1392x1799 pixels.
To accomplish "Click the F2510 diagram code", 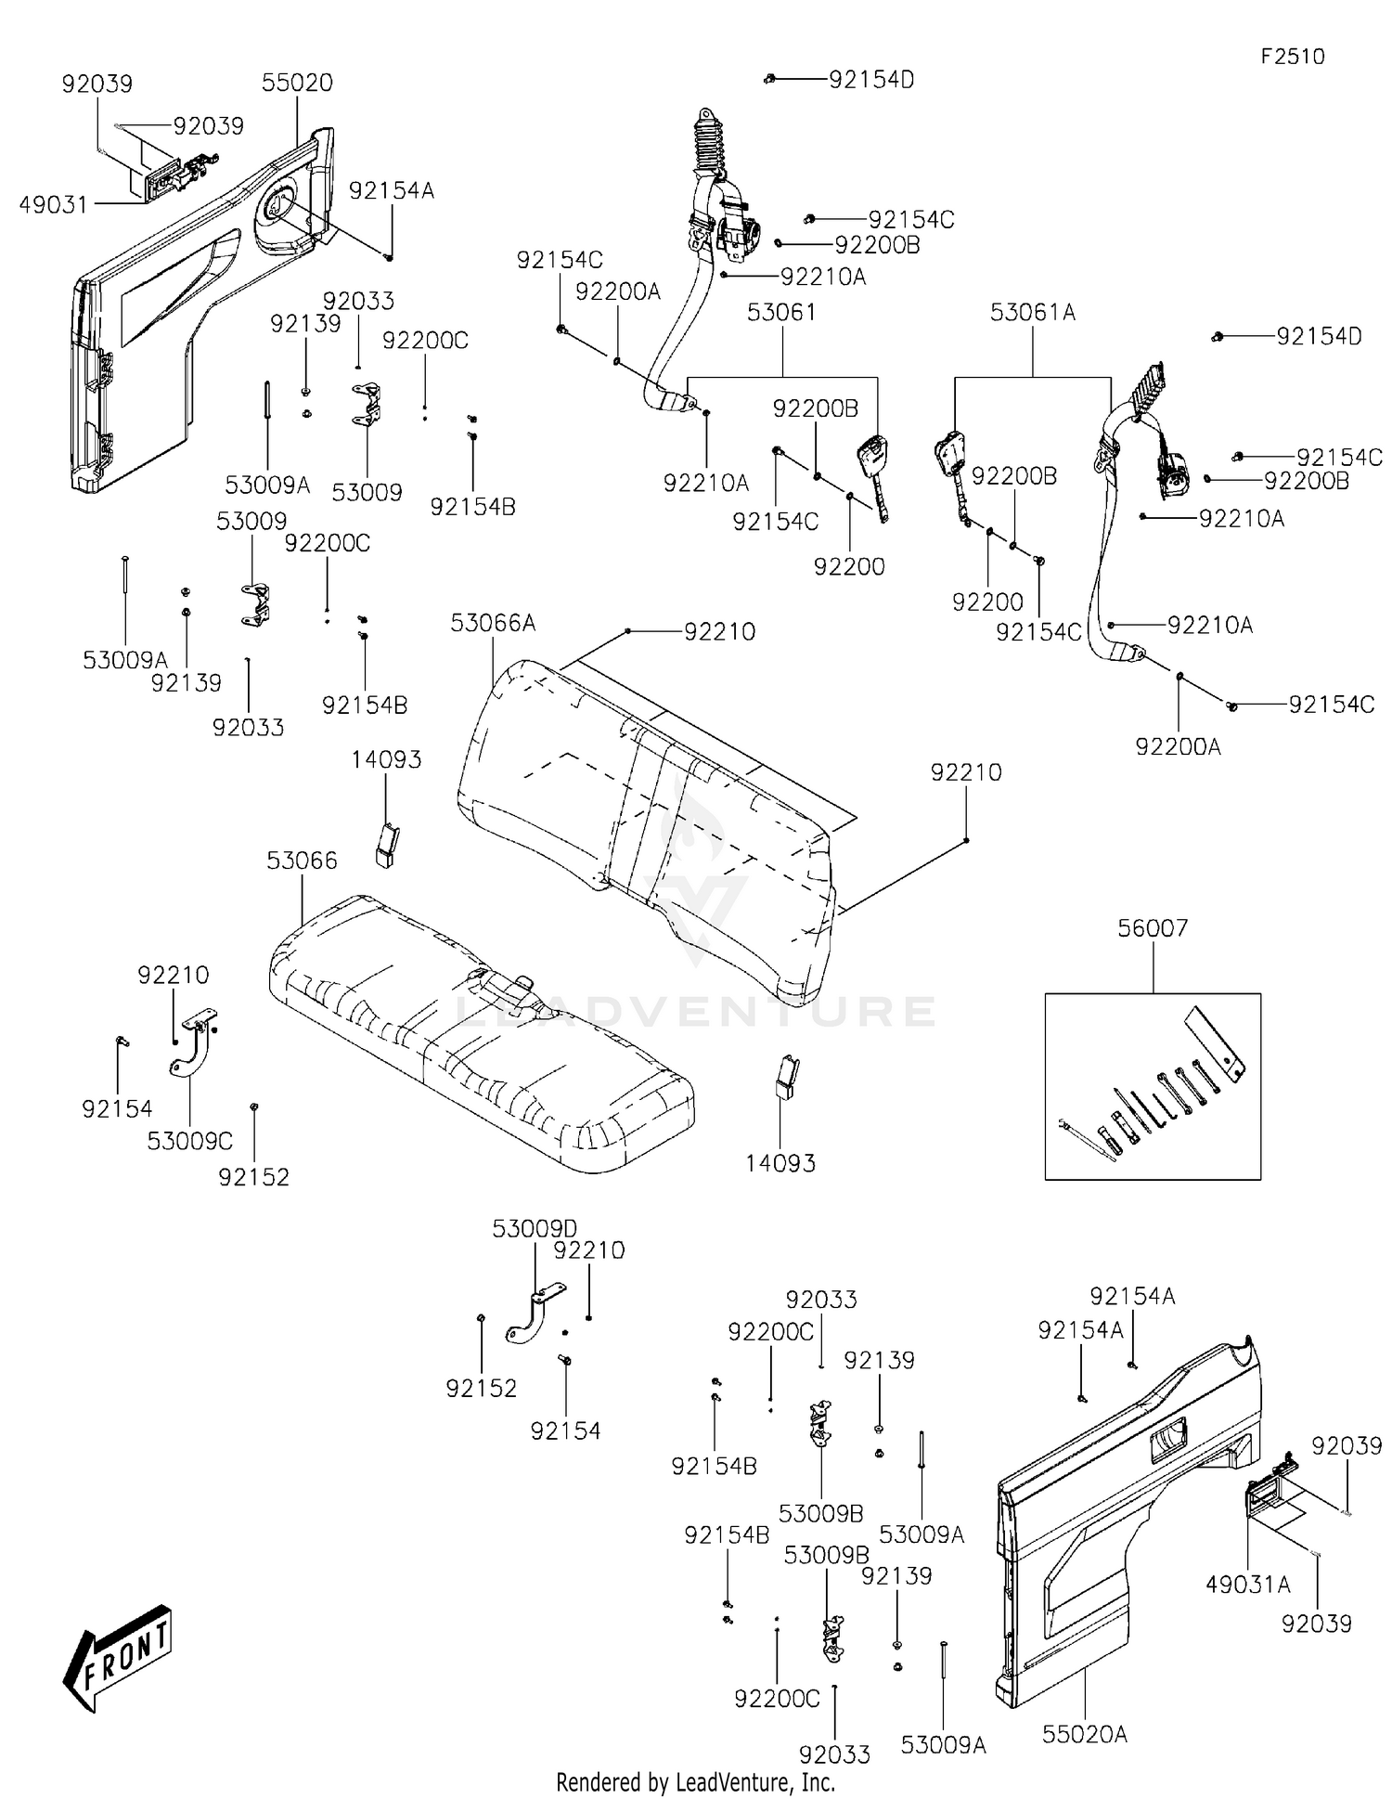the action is click(x=1292, y=57).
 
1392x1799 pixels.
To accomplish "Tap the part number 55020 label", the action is click(x=297, y=83).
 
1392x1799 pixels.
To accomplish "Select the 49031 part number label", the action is click(x=54, y=204).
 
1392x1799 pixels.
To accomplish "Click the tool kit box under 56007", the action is click(x=1153, y=1086).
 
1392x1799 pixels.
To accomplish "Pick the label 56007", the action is click(x=1153, y=927).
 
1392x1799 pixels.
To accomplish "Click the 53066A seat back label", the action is click(x=493, y=623).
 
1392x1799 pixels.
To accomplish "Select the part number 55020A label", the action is click(x=1084, y=1733).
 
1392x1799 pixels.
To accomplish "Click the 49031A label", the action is click(x=1248, y=1585).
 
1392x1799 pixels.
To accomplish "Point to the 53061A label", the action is click(x=1033, y=313).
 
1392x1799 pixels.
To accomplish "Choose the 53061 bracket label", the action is click(x=782, y=312).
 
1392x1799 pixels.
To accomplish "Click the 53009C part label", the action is click(x=190, y=1141).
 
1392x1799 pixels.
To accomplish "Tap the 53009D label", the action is click(x=535, y=1229).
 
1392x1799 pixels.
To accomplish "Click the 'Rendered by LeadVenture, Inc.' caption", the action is click(x=695, y=1782).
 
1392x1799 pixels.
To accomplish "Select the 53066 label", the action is click(x=302, y=861).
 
